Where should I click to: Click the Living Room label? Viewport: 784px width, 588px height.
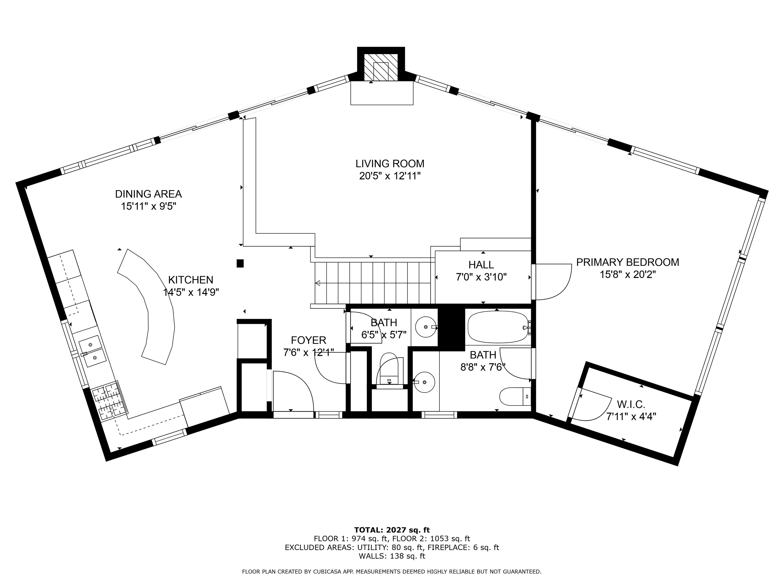[390, 164]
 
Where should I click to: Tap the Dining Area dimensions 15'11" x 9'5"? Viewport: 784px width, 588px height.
[149, 206]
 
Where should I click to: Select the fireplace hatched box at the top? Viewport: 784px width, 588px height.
[381, 68]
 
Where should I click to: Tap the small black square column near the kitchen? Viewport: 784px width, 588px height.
[240, 263]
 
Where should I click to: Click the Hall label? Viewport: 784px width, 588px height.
[481, 265]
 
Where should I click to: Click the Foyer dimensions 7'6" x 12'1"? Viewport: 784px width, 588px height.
[308, 353]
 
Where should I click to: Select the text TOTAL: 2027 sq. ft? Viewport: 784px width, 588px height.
[392, 530]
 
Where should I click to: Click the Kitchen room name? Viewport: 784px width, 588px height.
[191, 280]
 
